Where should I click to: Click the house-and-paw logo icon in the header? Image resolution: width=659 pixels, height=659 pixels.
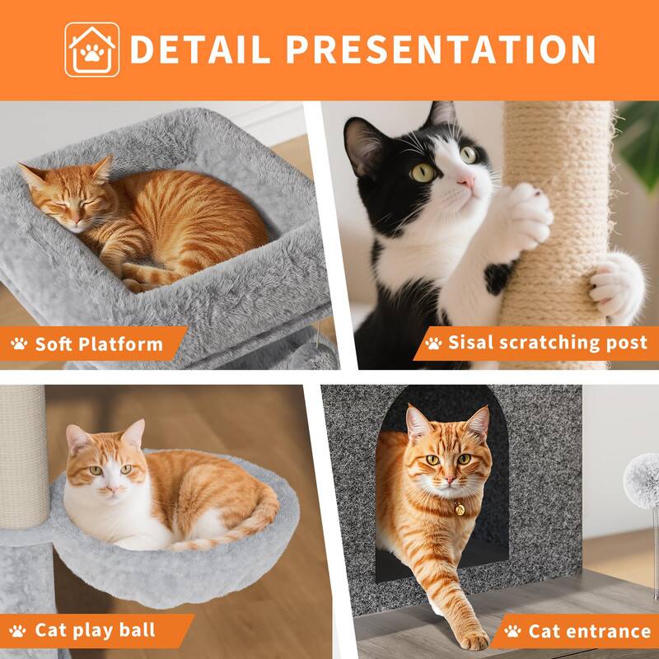point(92,49)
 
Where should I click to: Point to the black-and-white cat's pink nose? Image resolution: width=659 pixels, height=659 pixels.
point(466,180)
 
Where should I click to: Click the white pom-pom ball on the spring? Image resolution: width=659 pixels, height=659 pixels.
point(642,479)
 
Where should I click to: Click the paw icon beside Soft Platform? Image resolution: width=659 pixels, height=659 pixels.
point(19,344)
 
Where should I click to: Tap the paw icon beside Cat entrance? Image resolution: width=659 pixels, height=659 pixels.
point(512,632)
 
